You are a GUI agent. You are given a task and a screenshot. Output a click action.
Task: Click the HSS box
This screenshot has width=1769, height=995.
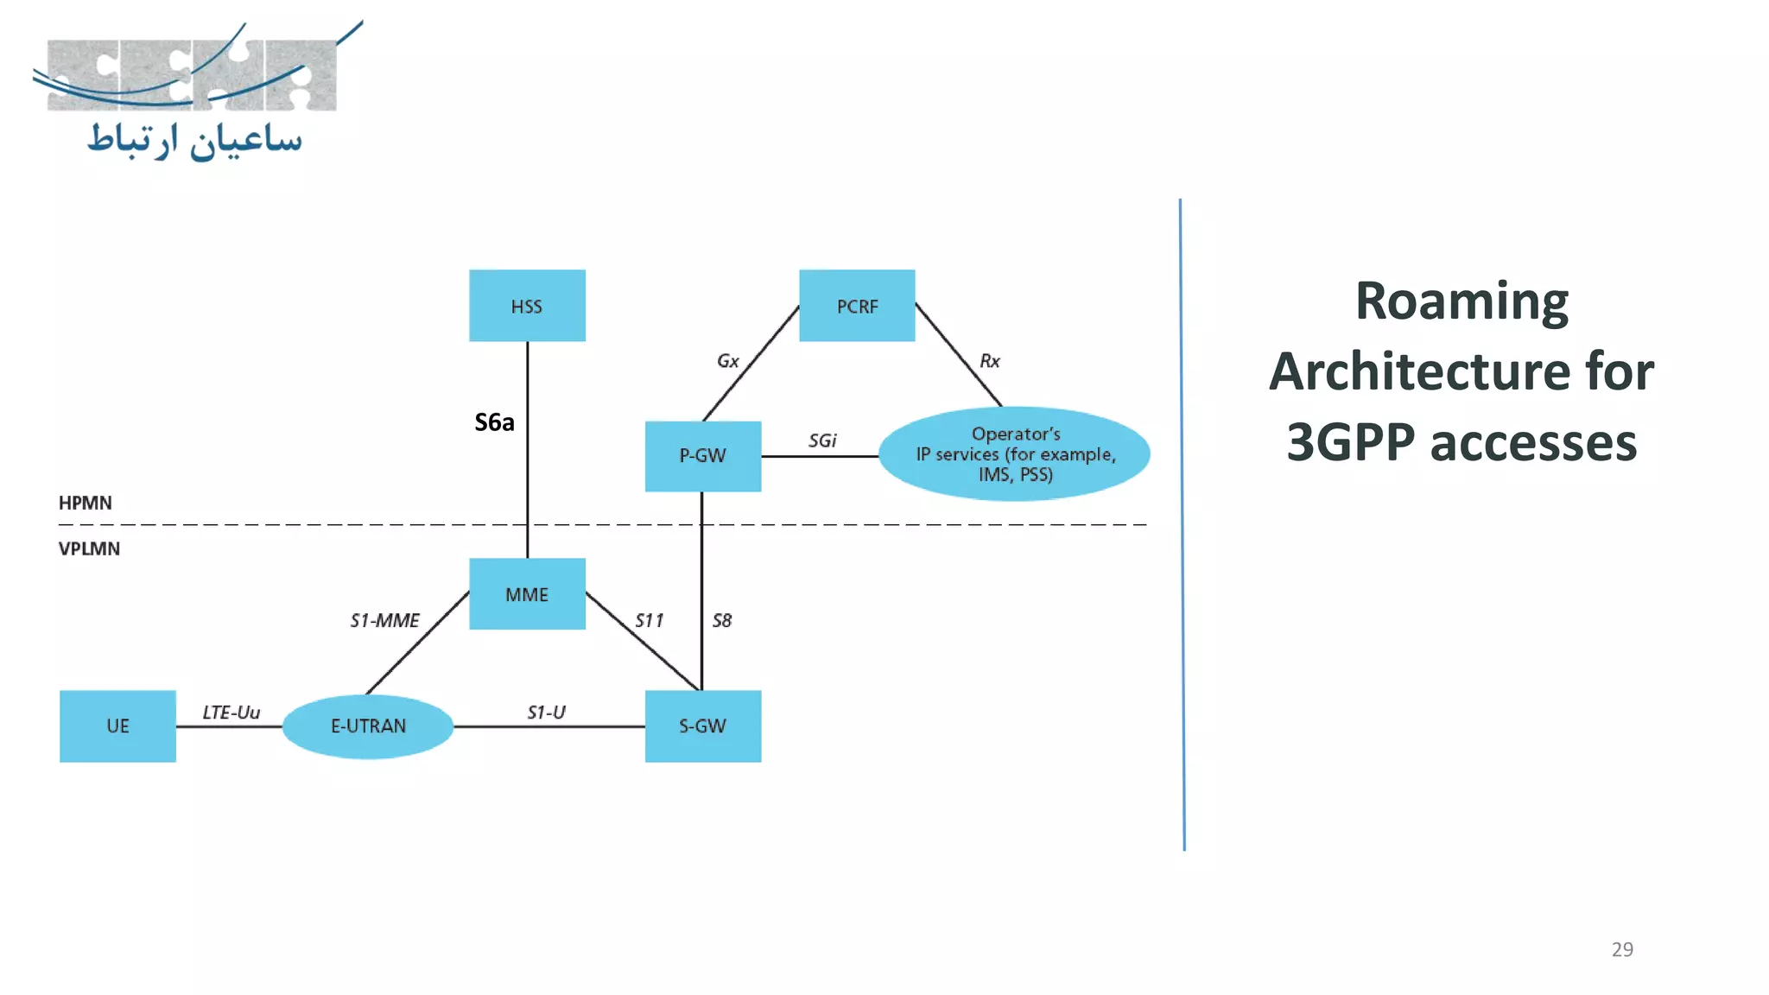click(527, 306)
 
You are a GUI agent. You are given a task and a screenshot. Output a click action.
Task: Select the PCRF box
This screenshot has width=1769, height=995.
click(857, 306)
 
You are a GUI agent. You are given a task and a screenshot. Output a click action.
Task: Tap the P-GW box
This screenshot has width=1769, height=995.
click(702, 456)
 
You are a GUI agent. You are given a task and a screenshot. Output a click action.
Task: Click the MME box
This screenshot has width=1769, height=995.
click(527, 594)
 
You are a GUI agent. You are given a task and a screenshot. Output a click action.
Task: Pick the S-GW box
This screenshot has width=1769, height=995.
click(702, 726)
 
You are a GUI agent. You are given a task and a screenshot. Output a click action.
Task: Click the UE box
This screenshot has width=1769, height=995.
click(117, 726)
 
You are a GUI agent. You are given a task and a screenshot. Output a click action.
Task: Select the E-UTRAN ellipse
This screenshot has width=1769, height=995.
click(368, 726)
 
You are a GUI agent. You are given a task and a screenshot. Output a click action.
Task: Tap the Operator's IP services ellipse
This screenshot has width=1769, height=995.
click(1015, 454)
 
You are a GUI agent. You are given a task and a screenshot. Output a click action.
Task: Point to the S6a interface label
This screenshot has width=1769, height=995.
click(494, 422)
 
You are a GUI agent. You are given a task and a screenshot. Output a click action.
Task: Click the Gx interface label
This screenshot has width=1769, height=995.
click(727, 361)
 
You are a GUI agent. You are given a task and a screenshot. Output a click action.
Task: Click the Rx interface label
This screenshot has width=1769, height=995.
click(989, 361)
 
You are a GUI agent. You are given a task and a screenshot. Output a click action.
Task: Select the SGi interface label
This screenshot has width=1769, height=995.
click(822, 440)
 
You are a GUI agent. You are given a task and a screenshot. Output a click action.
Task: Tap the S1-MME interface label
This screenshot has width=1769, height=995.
click(384, 620)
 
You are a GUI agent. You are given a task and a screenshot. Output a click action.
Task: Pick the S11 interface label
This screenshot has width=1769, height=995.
click(649, 620)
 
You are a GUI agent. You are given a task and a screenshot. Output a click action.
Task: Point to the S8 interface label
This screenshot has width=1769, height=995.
click(722, 620)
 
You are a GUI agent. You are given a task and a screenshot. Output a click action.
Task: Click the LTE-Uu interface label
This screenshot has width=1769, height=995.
click(231, 713)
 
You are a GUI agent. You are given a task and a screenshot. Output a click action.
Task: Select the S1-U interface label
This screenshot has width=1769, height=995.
click(546, 713)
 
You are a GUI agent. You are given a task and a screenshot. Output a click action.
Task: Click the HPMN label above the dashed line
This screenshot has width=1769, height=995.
click(85, 503)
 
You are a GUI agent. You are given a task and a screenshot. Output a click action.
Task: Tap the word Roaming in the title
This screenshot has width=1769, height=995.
click(1461, 301)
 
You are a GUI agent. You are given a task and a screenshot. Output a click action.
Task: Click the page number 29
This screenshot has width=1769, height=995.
click(1621, 949)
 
